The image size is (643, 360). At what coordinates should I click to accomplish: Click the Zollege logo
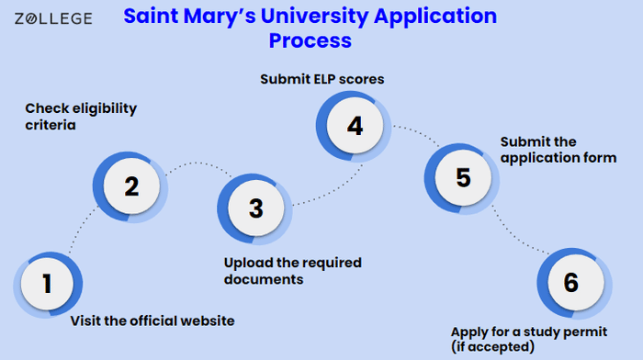[x=53, y=18]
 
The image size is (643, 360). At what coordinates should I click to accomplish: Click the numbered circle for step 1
[x=48, y=284]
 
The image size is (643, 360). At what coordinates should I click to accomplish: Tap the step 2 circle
[x=130, y=186]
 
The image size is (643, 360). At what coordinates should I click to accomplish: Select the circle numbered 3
[x=255, y=208]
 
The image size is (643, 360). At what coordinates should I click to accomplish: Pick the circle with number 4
[x=354, y=126]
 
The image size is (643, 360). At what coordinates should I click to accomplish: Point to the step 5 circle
[x=462, y=178]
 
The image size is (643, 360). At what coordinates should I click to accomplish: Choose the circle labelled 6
[x=574, y=284]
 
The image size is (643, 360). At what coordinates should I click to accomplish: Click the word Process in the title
[x=310, y=40]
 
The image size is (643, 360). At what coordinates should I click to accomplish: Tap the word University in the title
[x=314, y=17]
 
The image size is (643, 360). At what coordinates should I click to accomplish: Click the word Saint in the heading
[x=151, y=16]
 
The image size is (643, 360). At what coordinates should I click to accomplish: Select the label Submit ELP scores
[x=322, y=79]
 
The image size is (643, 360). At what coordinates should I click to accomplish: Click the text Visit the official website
[x=152, y=321]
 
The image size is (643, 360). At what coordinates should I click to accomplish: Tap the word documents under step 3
[x=264, y=279]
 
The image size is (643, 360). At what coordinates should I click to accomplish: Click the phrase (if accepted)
[x=493, y=347]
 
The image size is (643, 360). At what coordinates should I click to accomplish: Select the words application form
[x=558, y=158]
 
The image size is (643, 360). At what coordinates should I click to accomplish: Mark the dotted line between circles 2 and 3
[x=199, y=163]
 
